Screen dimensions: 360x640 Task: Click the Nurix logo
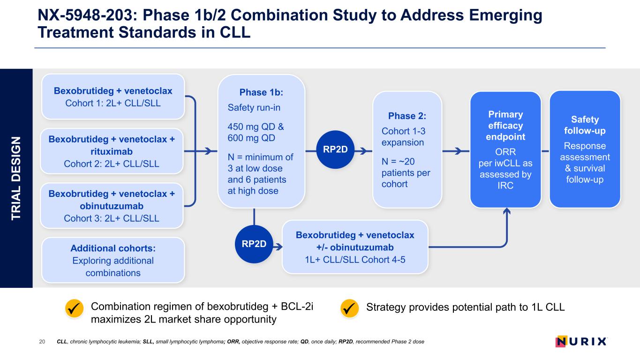point(581,341)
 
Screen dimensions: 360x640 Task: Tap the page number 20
point(42,342)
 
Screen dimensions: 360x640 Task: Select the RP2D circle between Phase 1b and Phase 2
point(335,151)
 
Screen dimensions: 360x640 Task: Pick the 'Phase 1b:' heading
point(261,92)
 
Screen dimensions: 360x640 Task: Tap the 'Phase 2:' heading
point(407,116)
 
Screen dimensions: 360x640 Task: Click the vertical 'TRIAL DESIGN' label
point(16,178)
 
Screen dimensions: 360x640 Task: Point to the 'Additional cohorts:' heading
point(113,247)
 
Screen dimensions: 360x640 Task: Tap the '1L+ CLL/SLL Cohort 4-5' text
point(355,259)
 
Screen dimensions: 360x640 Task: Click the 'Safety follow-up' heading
point(585,125)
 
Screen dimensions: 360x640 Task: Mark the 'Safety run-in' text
point(254,108)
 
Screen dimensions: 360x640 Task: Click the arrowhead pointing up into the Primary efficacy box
point(506,211)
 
